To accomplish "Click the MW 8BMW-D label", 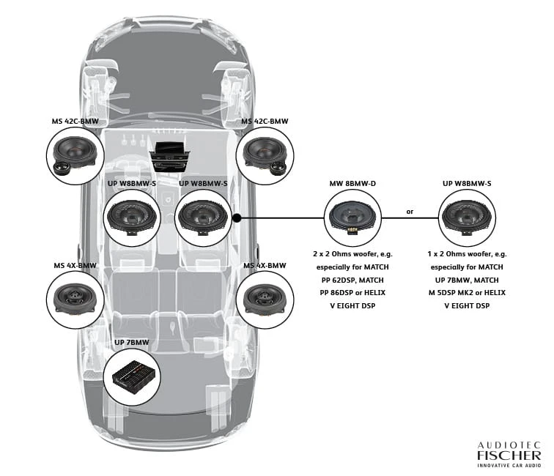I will point(352,182).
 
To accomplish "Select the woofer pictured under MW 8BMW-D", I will point(352,217).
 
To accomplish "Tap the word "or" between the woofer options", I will point(410,212).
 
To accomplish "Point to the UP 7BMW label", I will point(132,343).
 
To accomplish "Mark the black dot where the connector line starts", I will point(237,217).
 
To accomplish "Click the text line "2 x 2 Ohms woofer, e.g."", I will point(352,254).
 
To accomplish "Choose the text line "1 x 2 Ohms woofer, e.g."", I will point(467,254).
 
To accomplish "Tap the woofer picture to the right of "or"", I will point(467,217).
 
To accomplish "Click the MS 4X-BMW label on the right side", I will point(266,265).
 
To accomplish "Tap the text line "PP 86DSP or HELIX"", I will point(352,293).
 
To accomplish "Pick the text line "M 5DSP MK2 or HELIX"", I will point(467,293).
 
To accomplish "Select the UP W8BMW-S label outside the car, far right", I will point(467,182).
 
